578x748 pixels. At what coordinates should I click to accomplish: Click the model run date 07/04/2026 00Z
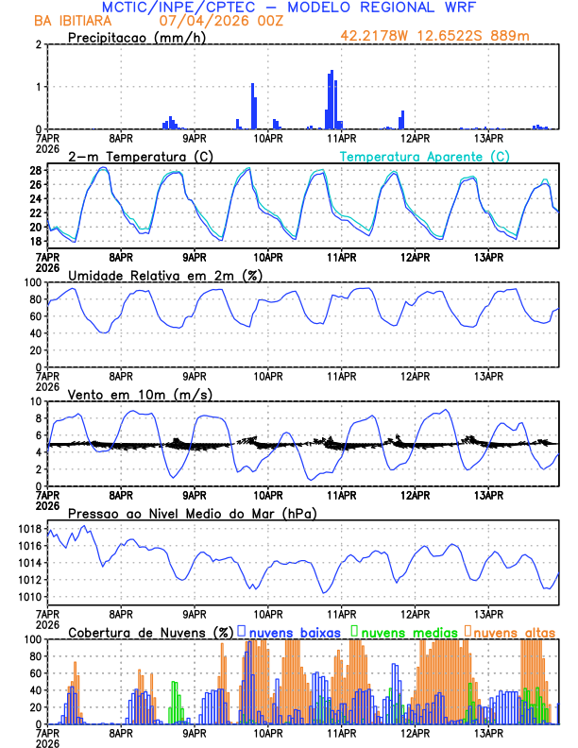tap(215, 21)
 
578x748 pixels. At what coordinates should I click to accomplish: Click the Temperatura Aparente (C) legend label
tap(425, 156)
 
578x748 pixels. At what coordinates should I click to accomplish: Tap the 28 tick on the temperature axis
tap(36, 171)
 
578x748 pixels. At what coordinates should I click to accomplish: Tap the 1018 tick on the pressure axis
tap(28, 529)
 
